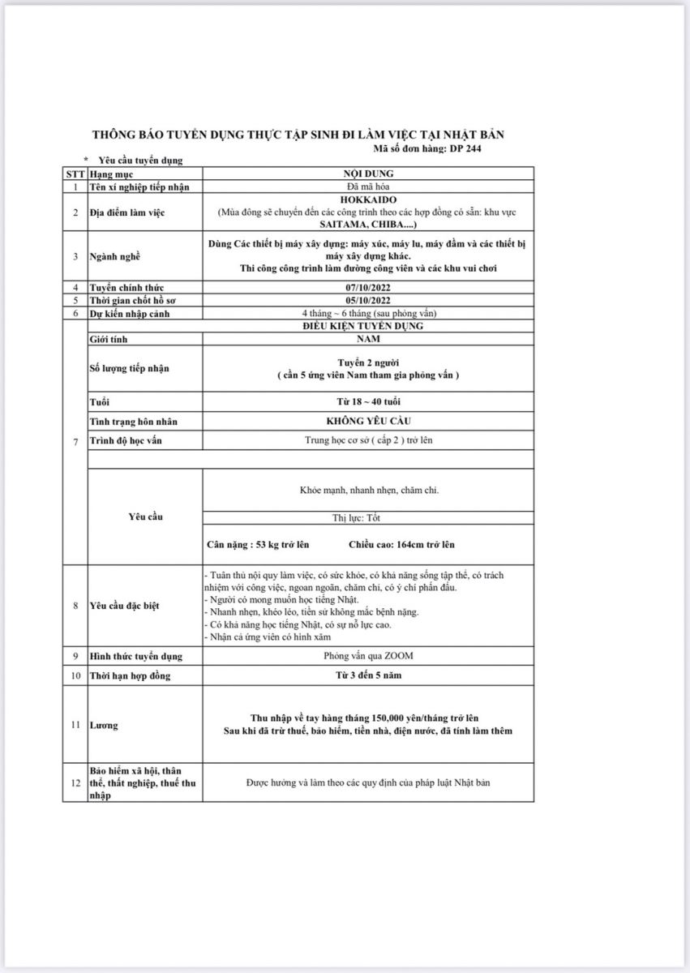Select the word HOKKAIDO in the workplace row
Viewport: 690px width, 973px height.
coord(368,199)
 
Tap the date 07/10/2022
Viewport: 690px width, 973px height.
coord(368,287)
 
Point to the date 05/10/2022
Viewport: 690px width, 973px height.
coord(368,300)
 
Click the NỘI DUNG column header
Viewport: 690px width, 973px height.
coord(368,174)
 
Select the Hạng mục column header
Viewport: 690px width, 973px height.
coord(111,174)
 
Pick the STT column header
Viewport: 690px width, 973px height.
coord(75,174)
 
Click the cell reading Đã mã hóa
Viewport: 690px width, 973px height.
coord(368,186)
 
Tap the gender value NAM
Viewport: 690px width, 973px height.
coord(368,339)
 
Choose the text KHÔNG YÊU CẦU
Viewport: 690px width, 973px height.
coord(368,422)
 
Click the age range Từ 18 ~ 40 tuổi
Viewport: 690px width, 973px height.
coord(368,402)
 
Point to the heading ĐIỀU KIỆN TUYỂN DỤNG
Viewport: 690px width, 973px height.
coord(368,326)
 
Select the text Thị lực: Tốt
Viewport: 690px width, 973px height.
coord(368,517)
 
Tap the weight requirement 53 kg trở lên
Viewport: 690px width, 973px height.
coord(259,544)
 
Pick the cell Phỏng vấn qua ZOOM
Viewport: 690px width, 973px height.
coord(368,656)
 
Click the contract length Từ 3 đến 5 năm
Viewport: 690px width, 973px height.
coord(368,675)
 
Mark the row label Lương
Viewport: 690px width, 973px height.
coord(103,725)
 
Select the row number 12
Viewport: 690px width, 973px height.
coord(75,782)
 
